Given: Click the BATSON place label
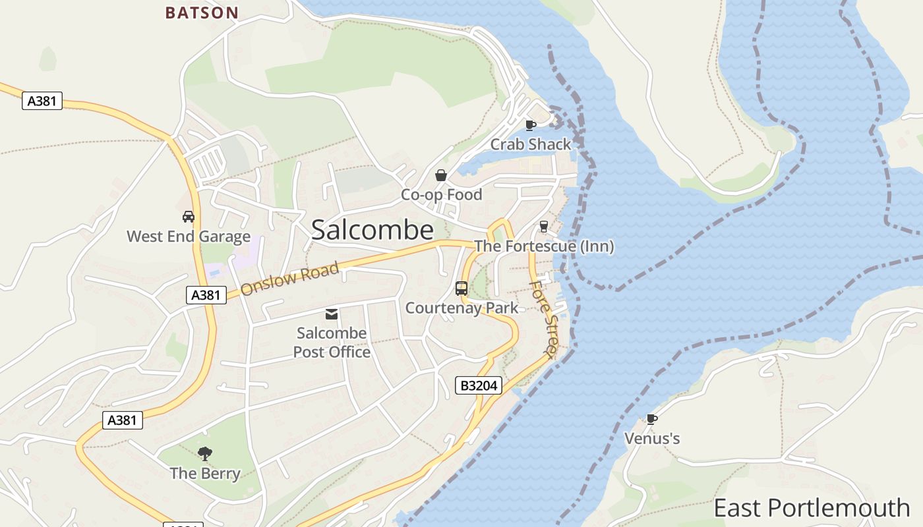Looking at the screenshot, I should pyautogui.click(x=202, y=13).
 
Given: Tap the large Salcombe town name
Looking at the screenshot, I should pyautogui.click(x=372, y=230).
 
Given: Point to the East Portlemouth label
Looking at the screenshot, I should pyautogui.click(x=812, y=508).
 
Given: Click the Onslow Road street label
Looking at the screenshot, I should pyautogui.click(x=289, y=279).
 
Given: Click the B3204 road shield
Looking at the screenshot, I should pyautogui.click(x=478, y=385).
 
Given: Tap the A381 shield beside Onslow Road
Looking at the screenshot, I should pyautogui.click(x=206, y=295).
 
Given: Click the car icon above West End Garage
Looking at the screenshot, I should pyautogui.click(x=189, y=216).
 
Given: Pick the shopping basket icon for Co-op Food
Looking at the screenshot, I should pyautogui.click(x=441, y=175).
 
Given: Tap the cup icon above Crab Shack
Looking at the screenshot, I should pyautogui.click(x=531, y=125).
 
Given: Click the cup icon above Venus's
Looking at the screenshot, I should pyautogui.click(x=651, y=419).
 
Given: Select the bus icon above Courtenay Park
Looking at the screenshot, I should pyautogui.click(x=461, y=288).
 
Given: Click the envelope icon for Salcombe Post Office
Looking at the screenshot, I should pyautogui.click(x=332, y=314).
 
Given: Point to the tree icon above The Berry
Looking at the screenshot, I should pyautogui.click(x=205, y=453).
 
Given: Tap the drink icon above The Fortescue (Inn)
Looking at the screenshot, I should pyautogui.click(x=544, y=226).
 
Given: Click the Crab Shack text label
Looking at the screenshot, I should pyautogui.click(x=531, y=144).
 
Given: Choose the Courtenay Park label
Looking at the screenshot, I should pyautogui.click(x=461, y=308).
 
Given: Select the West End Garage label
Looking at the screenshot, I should pyautogui.click(x=189, y=236).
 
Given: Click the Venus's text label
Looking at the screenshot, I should pyautogui.click(x=652, y=439).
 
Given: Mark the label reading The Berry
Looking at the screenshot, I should pyautogui.click(x=205, y=473).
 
